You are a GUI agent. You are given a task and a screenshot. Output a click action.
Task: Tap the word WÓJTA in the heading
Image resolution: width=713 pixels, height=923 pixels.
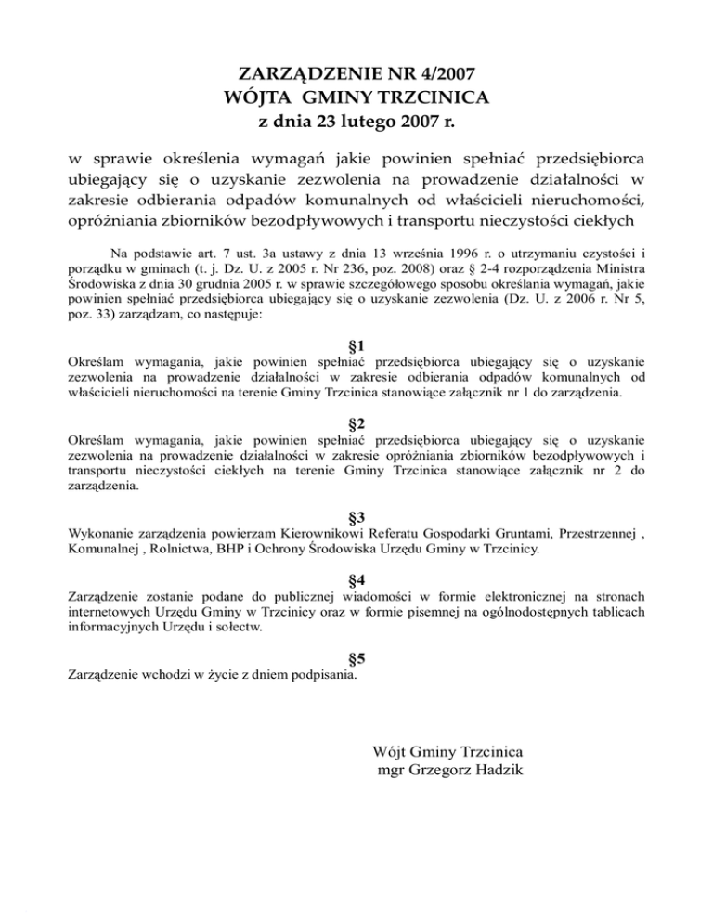pyautogui.click(x=262, y=97)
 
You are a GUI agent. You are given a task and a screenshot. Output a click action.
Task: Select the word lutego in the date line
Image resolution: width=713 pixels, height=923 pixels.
pyautogui.click(x=369, y=121)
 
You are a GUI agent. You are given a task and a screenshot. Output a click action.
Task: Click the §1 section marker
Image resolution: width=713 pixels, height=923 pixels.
pyautogui.click(x=356, y=346)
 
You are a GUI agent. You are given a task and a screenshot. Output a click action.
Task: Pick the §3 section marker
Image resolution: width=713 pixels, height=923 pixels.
pyautogui.click(x=356, y=515)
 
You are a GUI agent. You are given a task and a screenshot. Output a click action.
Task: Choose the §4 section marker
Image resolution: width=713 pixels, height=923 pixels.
pyautogui.click(x=356, y=580)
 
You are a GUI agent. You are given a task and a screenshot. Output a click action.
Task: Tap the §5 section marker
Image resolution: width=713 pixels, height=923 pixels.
pyautogui.click(x=356, y=659)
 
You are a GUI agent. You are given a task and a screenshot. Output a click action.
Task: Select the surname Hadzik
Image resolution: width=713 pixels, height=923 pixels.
pyautogui.click(x=501, y=770)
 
